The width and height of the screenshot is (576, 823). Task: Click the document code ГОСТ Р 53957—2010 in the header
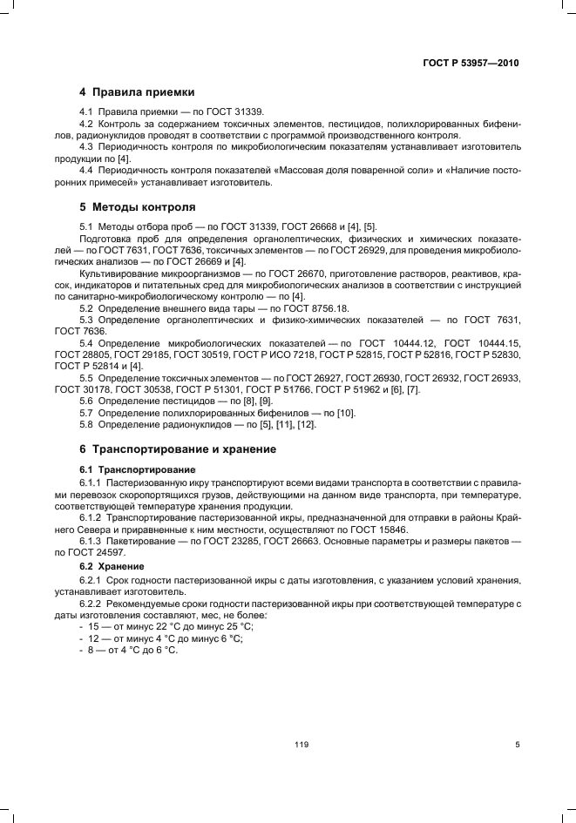469,63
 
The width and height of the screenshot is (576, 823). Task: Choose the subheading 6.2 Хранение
114,565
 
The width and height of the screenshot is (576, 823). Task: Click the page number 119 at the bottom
302,745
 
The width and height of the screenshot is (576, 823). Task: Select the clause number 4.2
86,125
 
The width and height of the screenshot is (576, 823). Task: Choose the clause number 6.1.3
91,541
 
